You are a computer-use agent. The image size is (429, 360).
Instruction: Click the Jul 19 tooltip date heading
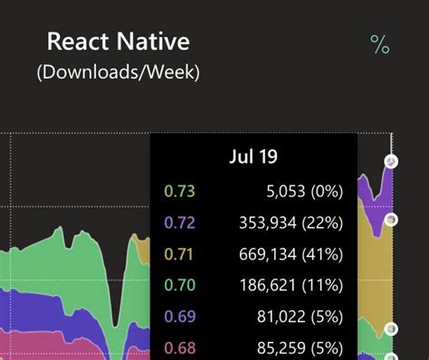point(253,156)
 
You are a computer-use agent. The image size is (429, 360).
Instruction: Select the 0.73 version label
point(179,191)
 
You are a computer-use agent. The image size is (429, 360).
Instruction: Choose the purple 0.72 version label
point(179,223)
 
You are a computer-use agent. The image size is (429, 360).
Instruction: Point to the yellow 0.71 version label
point(179,254)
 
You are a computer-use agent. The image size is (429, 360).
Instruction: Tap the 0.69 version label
point(179,317)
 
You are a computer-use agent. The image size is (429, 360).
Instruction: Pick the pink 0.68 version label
point(179,347)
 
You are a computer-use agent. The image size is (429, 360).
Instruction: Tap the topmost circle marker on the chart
point(391,162)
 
